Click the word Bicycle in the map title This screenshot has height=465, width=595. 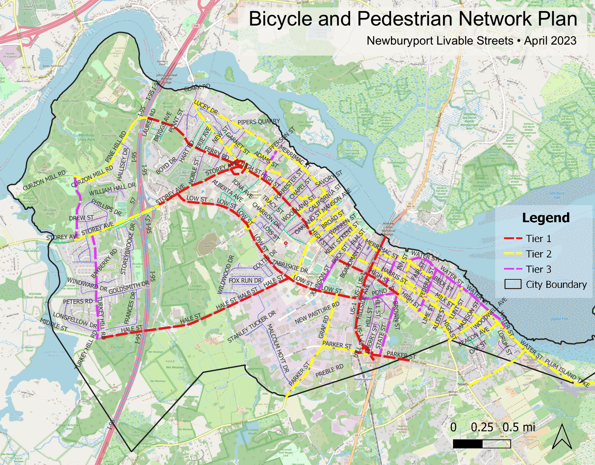coord(281,19)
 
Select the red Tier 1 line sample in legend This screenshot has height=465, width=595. coord(513,239)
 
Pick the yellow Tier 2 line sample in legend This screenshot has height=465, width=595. coord(513,254)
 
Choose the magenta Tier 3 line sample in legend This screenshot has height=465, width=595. coord(513,270)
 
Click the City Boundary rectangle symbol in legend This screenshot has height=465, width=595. coord(513,285)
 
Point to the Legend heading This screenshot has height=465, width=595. coord(546,218)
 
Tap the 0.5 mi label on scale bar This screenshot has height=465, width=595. coord(519,427)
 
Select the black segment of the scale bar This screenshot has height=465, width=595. coord(467,444)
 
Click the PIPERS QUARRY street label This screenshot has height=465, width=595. coord(259,122)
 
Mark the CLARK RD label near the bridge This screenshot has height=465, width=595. coord(198,88)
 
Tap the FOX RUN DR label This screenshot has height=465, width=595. coord(245,281)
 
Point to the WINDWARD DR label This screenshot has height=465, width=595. coord(87,285)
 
